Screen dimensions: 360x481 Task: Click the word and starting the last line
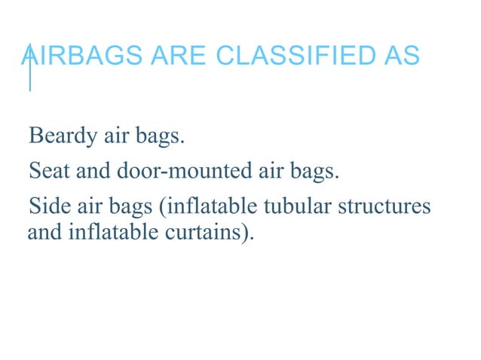click(42, 233)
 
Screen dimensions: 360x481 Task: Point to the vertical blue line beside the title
click(29, 67)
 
